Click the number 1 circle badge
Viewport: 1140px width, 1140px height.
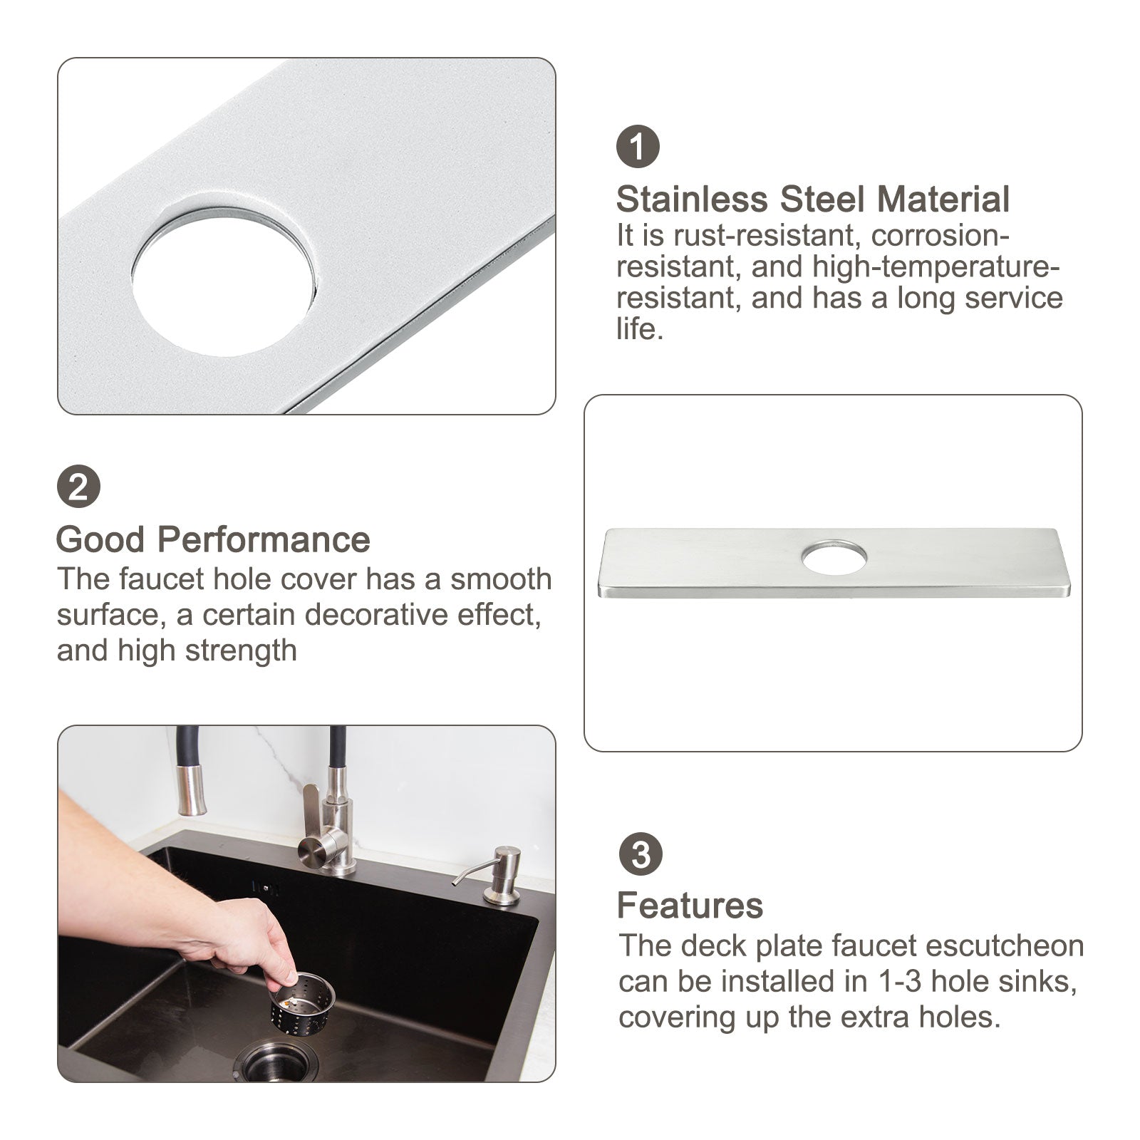click(638, 147)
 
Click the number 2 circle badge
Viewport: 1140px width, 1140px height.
click(78, 488)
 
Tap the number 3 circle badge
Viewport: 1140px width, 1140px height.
click(640, 854)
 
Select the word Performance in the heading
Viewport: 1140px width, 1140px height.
click(264, 540)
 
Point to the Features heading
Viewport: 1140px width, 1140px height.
click(690, 906)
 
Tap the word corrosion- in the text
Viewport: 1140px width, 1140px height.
click(940, 236)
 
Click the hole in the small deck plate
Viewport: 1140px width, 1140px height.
click(834, 558)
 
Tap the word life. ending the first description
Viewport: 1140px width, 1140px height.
click(639, 329)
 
